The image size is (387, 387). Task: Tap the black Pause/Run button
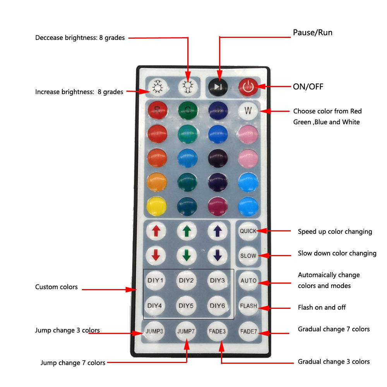pyautogui.click(x=218, y=87)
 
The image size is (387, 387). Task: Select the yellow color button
pyautogui.click(x=157, y=206)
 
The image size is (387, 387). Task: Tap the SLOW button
pyautogui.click(x=248, y=255)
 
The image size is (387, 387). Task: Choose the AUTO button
pyautogui.click(x=248, y=281)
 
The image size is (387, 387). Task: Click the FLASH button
pyautogui.click(x=248, y=306)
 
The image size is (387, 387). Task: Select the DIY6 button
pyautogui.click(x=217, y=306)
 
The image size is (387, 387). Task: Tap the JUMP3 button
pyautogui.click(x=154, y=331)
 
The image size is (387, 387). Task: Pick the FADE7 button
pyautogui.click(x=248, y=331)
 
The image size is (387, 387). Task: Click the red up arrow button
pyautogui.click(x=156, y=231)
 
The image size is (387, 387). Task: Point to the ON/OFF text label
pyautogui.click(x=308, y=87)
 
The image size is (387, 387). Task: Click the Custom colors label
pyautogui.click(x=57, y=287)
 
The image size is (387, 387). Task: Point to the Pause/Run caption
pyautogui.click(x=313, y=33)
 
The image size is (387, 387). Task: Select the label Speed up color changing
pyautogui.click(x=335, y=231)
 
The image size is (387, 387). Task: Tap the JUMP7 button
pyautogui.click(x=187, y=331)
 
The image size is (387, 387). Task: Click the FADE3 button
pyautogui.click(x=217, y=331)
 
